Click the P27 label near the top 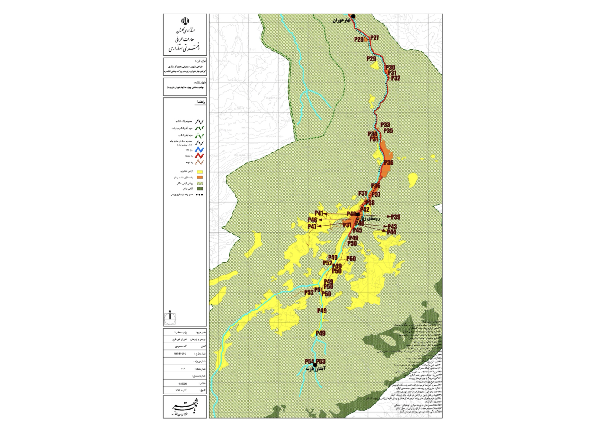click(375, 38)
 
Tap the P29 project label click(371, 58)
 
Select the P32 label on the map click(396, 78)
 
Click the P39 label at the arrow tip click(396, 216)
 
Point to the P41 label click(319, 213)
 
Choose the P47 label click(312, 227)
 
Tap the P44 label click(392, 233)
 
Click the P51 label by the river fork click(319, 290)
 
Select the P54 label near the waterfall click(309, 362)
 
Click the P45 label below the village click(357, 230)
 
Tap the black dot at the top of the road click(353, 16)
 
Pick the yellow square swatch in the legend click(200, 171)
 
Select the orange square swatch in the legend click(200, 178)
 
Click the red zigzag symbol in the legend click(200, 155)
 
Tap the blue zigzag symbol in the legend click(200, 150)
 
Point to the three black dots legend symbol click(200, 195)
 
